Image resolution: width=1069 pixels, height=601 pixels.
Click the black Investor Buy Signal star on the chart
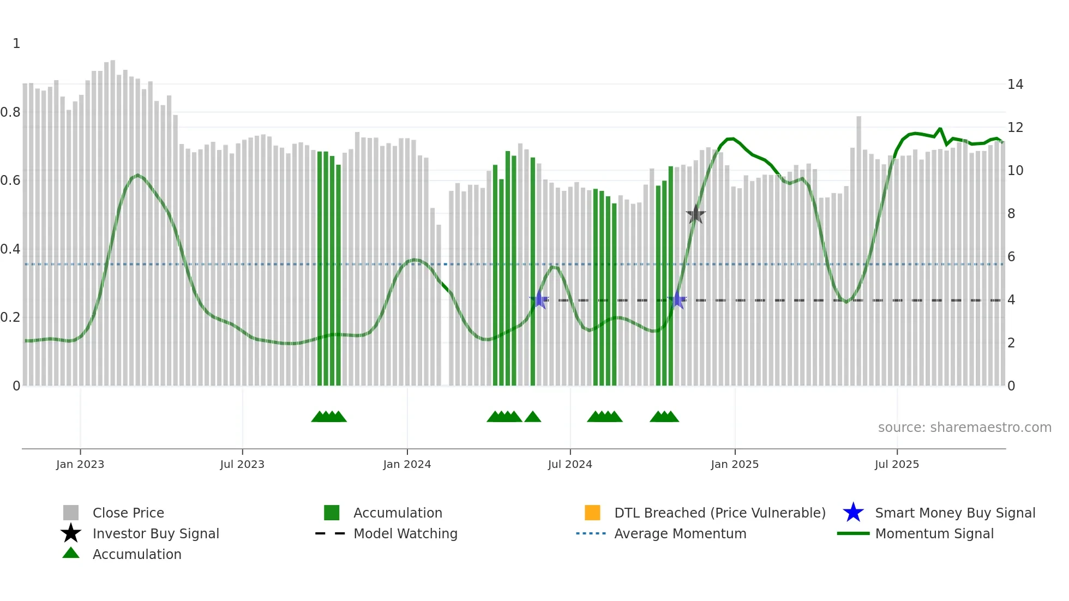[695, 214]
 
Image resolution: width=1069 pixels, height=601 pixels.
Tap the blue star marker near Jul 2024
[539, 299]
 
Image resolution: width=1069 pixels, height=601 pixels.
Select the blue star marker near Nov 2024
[677, 299]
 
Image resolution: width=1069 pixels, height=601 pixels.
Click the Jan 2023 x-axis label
[80, 464]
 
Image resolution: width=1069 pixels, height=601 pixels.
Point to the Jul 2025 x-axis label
[897, 464]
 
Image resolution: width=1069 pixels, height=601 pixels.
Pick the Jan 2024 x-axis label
[407, 464]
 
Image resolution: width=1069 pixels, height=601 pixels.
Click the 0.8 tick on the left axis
[11, 112]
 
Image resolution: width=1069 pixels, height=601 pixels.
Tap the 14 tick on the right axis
[1015, 85]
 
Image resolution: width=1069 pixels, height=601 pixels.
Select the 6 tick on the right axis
[1011, 257]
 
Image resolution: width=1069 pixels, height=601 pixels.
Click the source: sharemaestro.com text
[964, 428]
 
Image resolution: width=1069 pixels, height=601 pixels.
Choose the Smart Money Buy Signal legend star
[853, 513]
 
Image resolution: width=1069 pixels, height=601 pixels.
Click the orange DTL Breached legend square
[592, 513]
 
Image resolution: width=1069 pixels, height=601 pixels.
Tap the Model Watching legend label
[405, 533]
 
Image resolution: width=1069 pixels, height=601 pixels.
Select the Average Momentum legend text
[680, 533]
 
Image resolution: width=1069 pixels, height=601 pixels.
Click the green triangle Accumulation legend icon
[71, 553]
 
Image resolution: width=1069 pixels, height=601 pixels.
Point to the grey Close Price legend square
[71, 513]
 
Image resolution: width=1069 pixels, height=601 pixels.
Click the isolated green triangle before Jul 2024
[532, 417]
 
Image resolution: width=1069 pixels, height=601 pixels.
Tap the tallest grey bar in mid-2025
[858, 251]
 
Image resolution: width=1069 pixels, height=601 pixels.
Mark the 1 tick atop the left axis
[16, 44]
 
